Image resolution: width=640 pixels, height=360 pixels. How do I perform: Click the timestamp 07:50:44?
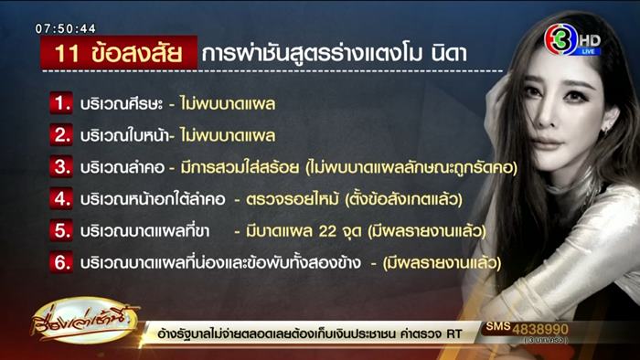pyautogui.click(x=66, y=28)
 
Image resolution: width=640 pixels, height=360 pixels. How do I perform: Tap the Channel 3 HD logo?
pyautogui.click(x=571, y=41)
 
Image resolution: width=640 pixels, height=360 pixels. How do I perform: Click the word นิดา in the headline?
pyautogui.click(x=445, y=54)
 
